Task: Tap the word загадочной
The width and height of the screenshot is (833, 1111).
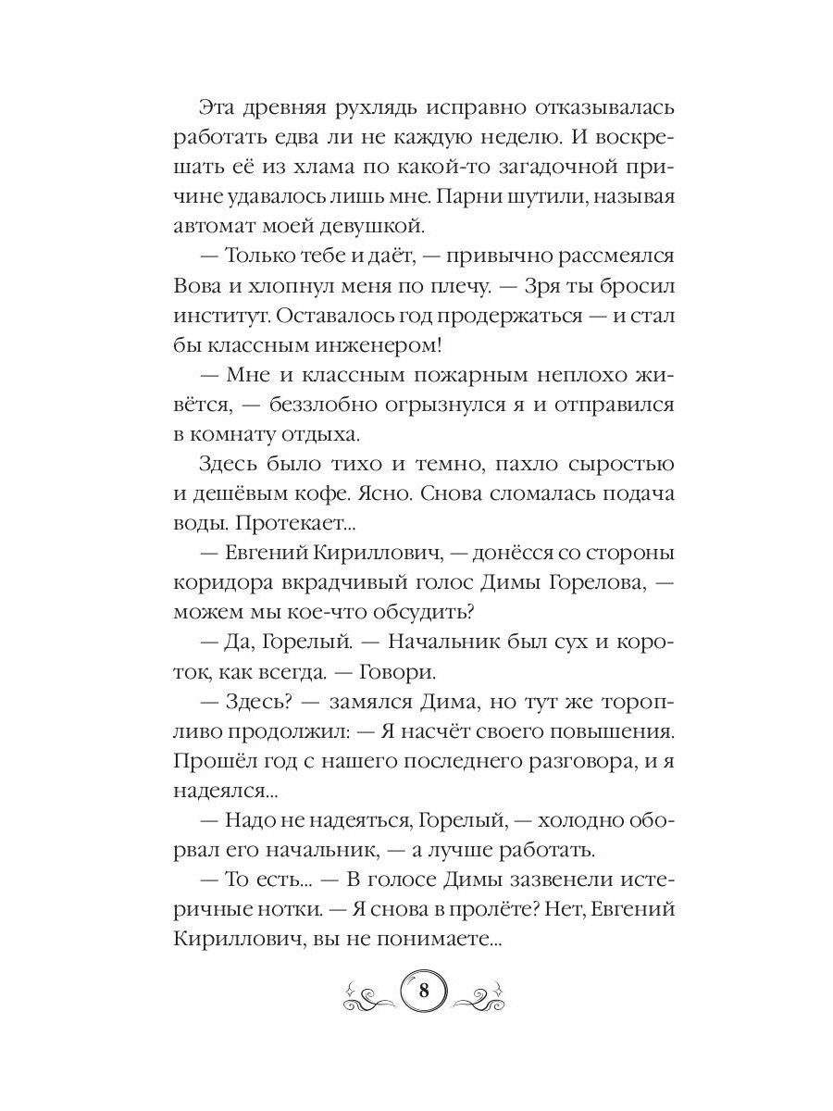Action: click(x=540, y=168)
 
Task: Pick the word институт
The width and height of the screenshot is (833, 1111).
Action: click(x=217, y=317)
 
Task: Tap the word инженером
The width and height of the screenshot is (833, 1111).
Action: click(x=372, y=346)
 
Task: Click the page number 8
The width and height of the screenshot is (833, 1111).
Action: click(x=423, y=991)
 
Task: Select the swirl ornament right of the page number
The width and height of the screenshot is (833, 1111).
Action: click(x=478, y=992)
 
